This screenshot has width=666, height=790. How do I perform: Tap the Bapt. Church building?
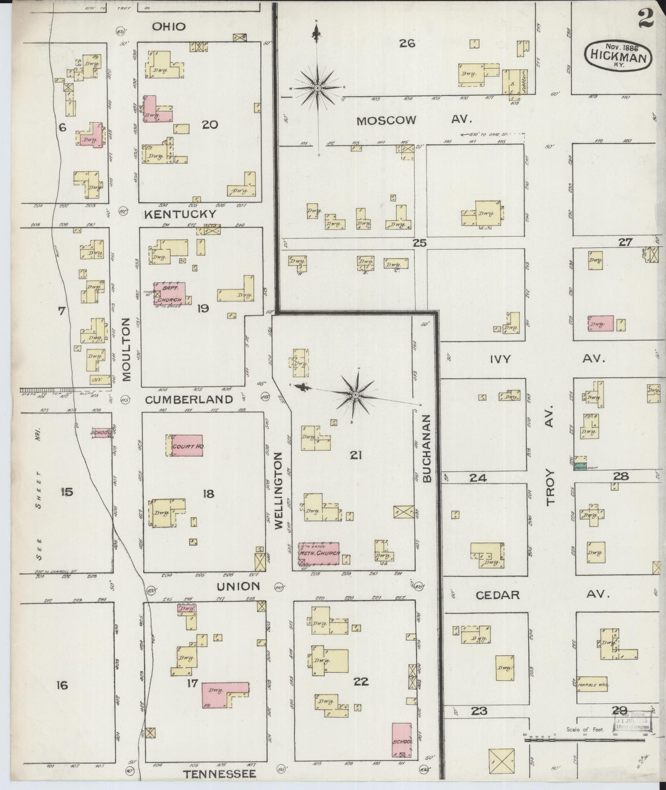[x=169, y=294]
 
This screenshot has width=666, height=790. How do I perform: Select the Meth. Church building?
[x=319, y=553]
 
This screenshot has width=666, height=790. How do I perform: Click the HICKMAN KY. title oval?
[x=619, y=56]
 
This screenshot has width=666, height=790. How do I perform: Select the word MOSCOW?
[x=386, y=121]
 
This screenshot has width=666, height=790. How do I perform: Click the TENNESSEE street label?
[x=219, y=774]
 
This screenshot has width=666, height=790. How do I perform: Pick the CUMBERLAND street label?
[x=189, y=399]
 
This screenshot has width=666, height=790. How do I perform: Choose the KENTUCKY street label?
[x=180, y=214]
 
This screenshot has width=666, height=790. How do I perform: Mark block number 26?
[x=407, y=43]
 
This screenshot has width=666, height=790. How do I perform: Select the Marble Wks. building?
[x=593, y=684]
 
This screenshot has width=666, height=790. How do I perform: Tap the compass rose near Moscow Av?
[x=318, y=87]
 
